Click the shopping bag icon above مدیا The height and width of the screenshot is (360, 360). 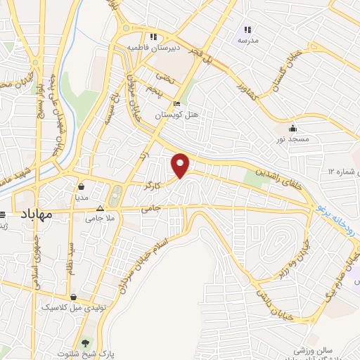click(82, 187)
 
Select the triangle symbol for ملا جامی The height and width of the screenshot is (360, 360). click(99, 208)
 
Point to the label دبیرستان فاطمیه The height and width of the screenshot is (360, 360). click(148, 47)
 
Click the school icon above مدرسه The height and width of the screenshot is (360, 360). click(247, 30)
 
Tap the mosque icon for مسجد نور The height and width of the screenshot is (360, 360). click(292, 129)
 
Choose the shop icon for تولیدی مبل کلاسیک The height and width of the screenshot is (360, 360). click(74, 297)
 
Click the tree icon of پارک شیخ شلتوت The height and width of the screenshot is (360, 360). click(86, 343)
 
